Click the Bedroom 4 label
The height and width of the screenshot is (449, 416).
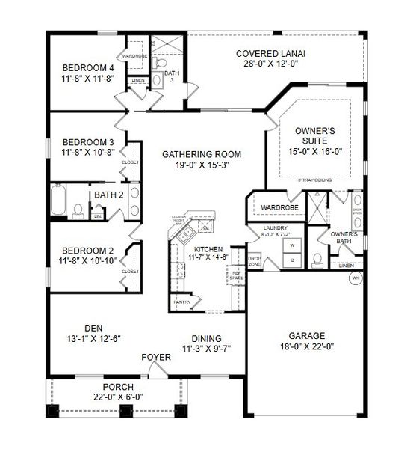click(x=87, y=67)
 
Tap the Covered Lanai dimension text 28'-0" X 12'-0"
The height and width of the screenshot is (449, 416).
click(x=270, y=64)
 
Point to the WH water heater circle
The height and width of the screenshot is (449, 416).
click(x=356, y=279)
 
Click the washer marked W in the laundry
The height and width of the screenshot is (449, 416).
click(x=292, y=245)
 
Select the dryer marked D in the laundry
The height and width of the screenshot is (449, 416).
click(x=292, y=260)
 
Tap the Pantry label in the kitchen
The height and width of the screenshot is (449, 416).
click(x=182, y=302)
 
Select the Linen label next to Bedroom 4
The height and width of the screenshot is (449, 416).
click(x=137, y=79)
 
